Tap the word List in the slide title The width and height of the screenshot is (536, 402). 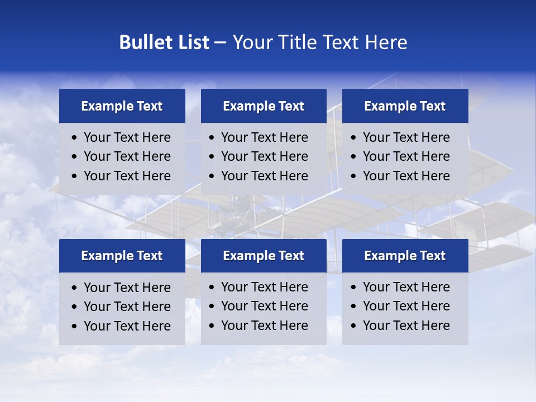[x=192, y=42]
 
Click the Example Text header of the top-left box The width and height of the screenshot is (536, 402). [x=122, y=106]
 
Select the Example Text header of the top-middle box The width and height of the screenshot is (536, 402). [x=264, y=106]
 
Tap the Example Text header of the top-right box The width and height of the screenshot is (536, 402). [x=405, y=106]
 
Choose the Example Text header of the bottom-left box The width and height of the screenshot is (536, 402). [x=122, y=256]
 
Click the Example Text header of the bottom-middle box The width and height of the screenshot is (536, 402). [x=264, y=256]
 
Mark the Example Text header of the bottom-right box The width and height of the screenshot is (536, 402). [x=405, y=256]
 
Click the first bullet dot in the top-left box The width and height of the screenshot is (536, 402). [x=75, y=138]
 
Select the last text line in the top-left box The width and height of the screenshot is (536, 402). [x=127, y=176]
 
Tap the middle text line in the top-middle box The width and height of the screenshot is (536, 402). [x=265, y=156]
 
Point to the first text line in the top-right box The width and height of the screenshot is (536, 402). [x=406, y=137]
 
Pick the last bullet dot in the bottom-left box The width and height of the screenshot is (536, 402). [x=75, y=327]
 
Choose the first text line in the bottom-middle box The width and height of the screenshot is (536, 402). [x=265, y=287]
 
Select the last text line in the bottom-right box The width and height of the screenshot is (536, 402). [x=406, y=326]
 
